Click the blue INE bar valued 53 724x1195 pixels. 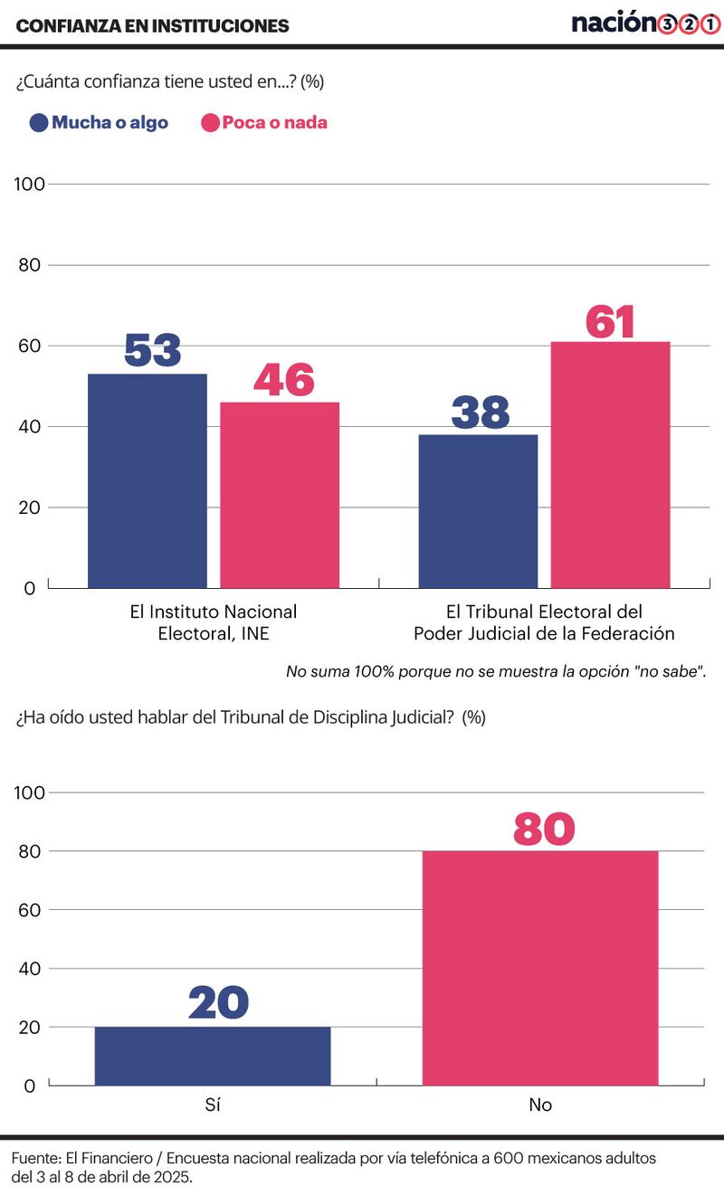tap(147, 480)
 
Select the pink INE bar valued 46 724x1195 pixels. tap(280, 495)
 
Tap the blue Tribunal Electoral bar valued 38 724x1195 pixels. tap(478, 511)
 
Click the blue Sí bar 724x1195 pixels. tap(213, 1056)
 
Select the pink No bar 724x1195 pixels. tap(540, 967)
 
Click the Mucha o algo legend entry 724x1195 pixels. tap(100, 122)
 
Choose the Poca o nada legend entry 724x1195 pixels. tap(263, 122)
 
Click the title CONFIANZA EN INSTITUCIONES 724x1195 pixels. tap(153, 26)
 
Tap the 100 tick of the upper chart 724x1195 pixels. tap(30, 185)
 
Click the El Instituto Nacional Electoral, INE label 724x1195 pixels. tap(214, 622)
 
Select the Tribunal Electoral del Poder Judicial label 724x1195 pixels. tap(544, 622)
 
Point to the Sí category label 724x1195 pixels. tap(213, 1105)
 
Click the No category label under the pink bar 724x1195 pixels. tap(540, 1105)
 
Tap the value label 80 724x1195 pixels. tap(544, 830)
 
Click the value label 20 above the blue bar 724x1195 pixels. tap(218, 1003)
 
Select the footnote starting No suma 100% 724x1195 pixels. tap(496, 671)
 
